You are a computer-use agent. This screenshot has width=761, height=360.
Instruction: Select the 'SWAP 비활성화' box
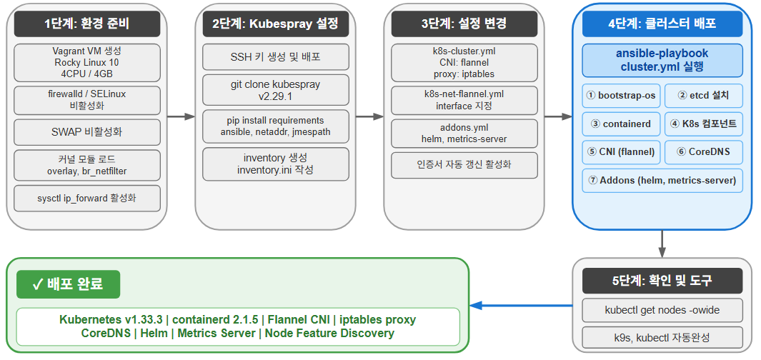click(87, 132)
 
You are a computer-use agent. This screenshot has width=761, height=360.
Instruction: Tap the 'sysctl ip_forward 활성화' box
click(87, 198)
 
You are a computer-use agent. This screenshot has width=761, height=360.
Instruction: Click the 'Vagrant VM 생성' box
click(87, 62)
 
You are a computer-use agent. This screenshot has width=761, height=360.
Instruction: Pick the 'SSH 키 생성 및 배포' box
click(276, 57)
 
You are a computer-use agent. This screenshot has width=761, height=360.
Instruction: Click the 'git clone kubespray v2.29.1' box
click(276, 89)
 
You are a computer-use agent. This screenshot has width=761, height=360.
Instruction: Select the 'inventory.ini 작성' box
click(276, 164)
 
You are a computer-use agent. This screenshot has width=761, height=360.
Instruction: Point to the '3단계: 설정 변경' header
click(464, 24)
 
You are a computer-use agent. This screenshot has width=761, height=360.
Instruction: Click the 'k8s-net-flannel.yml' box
click(464, 100)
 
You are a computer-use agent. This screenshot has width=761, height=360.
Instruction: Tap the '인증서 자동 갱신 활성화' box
click(464, 165)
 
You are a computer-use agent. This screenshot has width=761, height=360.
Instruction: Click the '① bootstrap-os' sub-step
click(620, 95)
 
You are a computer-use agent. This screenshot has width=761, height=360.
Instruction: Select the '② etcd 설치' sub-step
click(704, 95)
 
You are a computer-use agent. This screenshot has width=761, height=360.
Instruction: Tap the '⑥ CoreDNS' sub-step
click(704, 152)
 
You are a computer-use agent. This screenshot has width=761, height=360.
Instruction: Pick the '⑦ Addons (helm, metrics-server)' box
click(662, 181)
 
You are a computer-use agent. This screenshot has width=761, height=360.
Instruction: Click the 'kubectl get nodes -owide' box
click(662, 311)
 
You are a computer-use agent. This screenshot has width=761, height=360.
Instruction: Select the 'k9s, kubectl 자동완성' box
click(662, 337)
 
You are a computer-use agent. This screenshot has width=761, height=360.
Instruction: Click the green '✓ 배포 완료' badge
click(69, 284)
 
